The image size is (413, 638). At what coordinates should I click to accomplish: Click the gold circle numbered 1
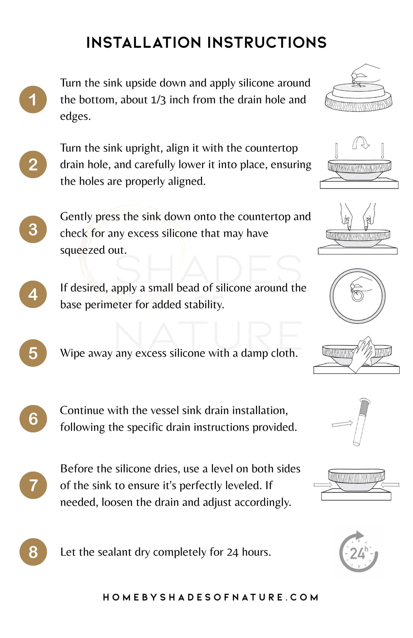pos(33,99)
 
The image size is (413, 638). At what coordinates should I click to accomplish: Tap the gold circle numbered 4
pos(33,294)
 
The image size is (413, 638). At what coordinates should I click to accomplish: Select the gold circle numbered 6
pos(33,419)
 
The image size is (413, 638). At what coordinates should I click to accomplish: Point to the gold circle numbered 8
pos(33,552)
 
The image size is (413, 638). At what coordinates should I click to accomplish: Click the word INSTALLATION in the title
pos(144,43)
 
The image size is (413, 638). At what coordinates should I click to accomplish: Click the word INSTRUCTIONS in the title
pos(267,43)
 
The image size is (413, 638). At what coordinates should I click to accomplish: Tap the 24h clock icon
pos(358,552)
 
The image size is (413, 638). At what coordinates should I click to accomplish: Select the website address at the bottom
pos(211,597)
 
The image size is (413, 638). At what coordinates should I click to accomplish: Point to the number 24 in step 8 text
pos(233,552)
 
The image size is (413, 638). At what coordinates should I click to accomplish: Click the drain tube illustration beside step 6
pos(361,422)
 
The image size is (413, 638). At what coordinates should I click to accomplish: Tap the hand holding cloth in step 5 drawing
pos(362,354)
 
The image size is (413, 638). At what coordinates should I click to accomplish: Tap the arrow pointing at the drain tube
pos(342,424)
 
